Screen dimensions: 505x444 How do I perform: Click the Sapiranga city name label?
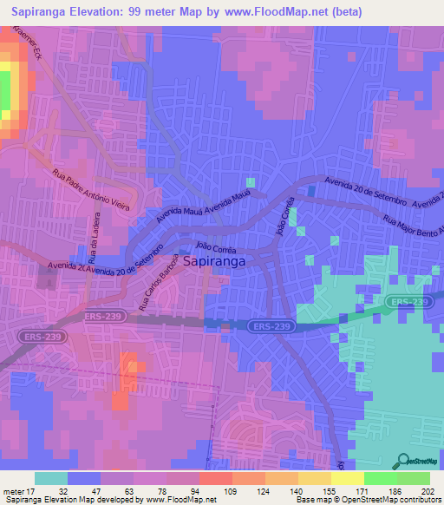pyautogui.click(x=213, y=259)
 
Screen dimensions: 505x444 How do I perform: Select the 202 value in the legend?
pyautogui.click(x=422, y=490)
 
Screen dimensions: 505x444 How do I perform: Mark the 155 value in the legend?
pyautogui.click(x=328, y=490)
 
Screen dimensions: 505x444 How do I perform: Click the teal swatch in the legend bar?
pyautogui.click(x=51, y=478)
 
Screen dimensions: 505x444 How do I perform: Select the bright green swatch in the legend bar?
pyautogui.click(x=381, y=478)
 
